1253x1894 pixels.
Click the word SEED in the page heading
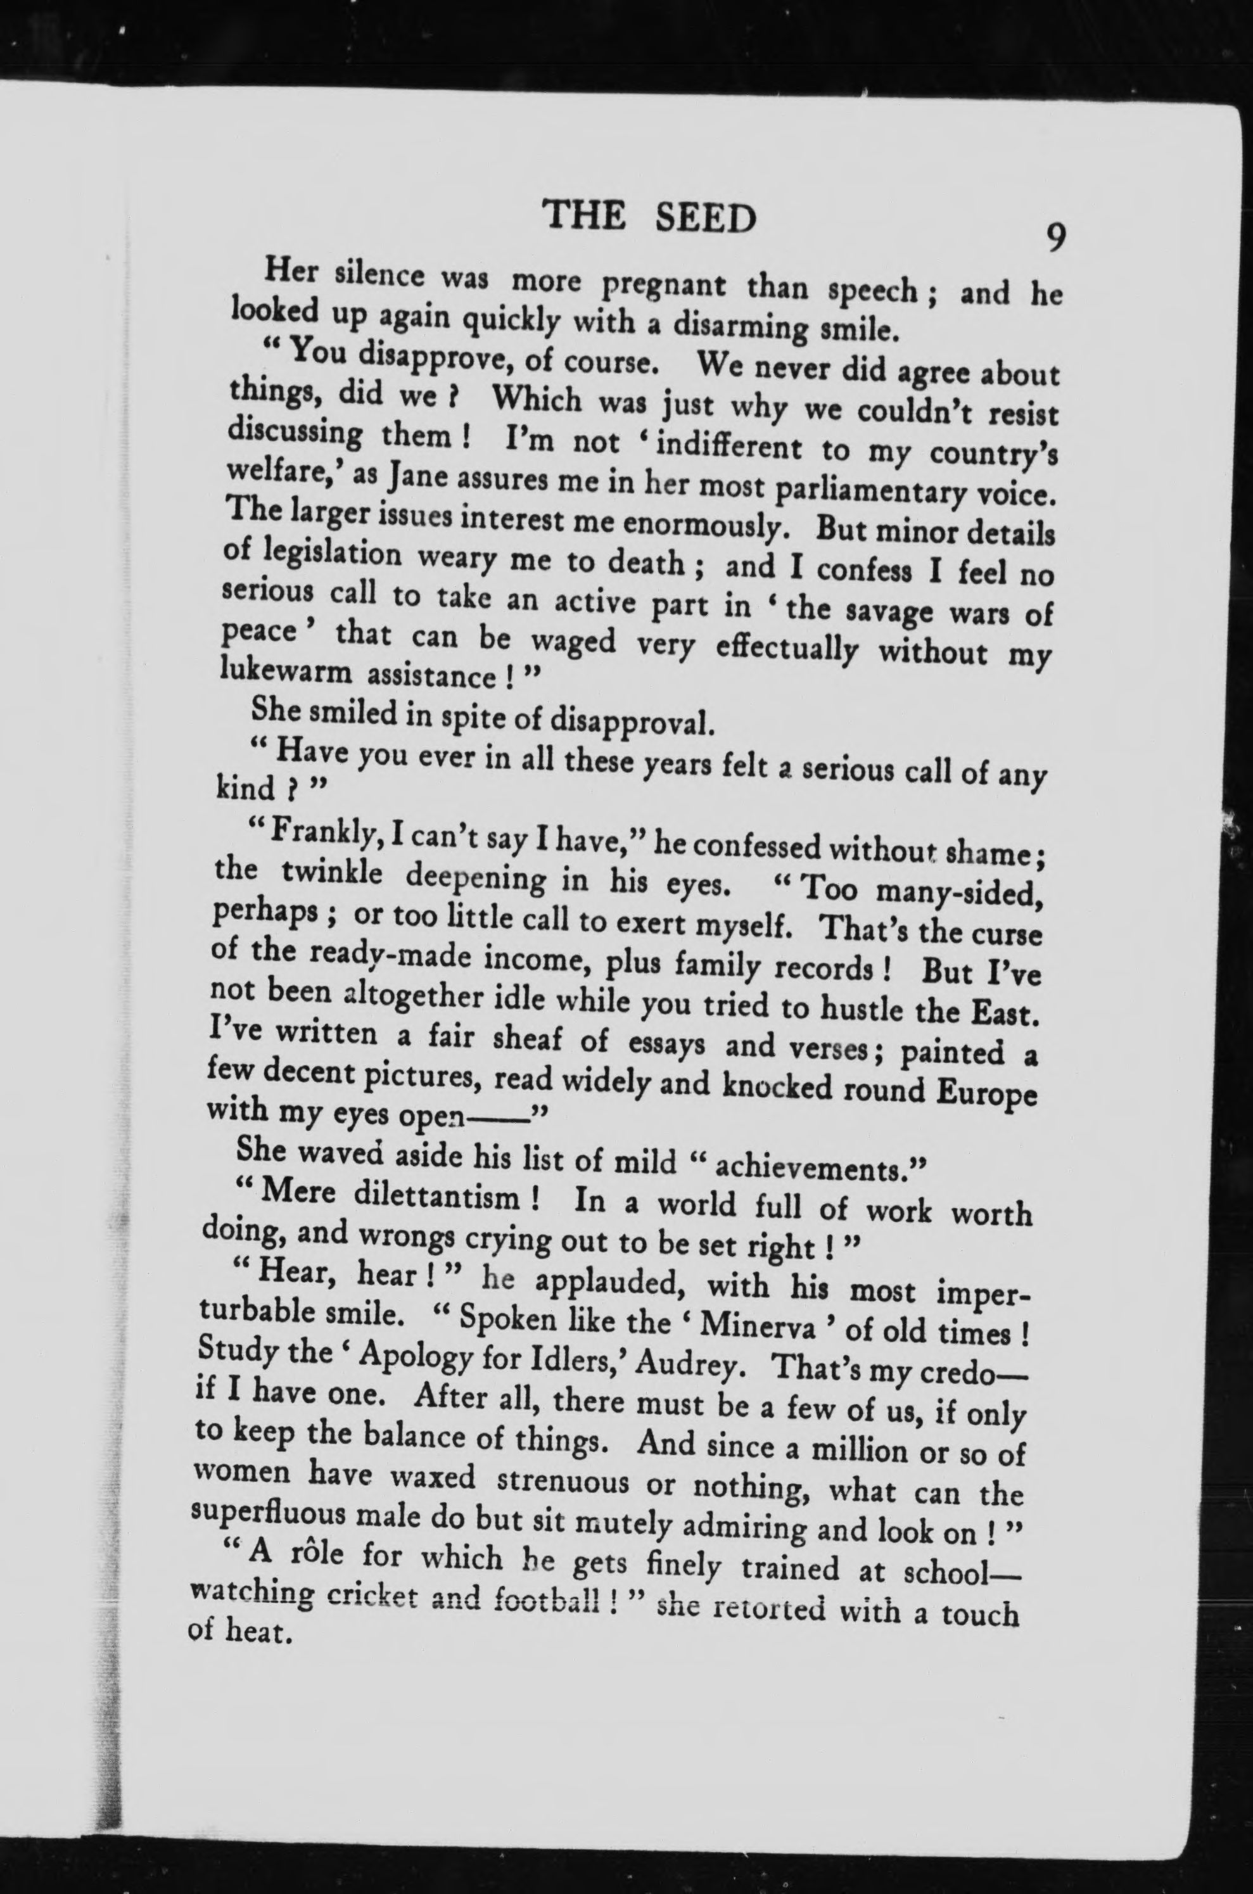pos(704,217)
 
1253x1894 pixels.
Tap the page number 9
pos(1055,238)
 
